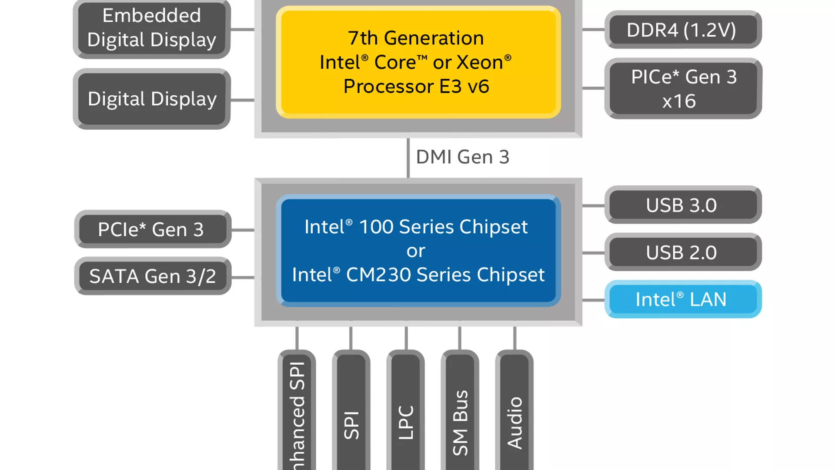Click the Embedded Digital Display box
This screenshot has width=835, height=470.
tap(152, 28)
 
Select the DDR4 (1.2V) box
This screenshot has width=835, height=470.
tap(683, 30)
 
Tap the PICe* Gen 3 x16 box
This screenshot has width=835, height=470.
tap(683, 89)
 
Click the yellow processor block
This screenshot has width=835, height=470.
tap(418, 62)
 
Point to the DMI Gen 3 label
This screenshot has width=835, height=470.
tap(462, 157)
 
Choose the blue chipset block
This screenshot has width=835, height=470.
tap(418, 251)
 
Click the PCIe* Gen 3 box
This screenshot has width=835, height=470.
tap(152, 229)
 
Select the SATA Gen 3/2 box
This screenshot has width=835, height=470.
tap(152, 276)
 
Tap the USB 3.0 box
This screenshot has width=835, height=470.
tap(683, 205)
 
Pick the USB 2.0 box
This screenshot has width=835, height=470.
tap(683, 252)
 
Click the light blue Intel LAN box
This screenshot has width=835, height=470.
tap(683, 299)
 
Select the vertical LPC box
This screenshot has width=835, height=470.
tap(406, 413)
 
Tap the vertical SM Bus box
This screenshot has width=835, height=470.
tap(460, 413)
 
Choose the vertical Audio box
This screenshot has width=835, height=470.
tap(514, 413)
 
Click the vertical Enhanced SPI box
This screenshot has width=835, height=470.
tap(297, 413)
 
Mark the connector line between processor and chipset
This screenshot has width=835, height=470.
tap(408, 158)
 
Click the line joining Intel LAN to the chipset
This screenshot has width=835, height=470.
tap(593, 300)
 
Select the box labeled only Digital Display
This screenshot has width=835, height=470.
tap(152, 99)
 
